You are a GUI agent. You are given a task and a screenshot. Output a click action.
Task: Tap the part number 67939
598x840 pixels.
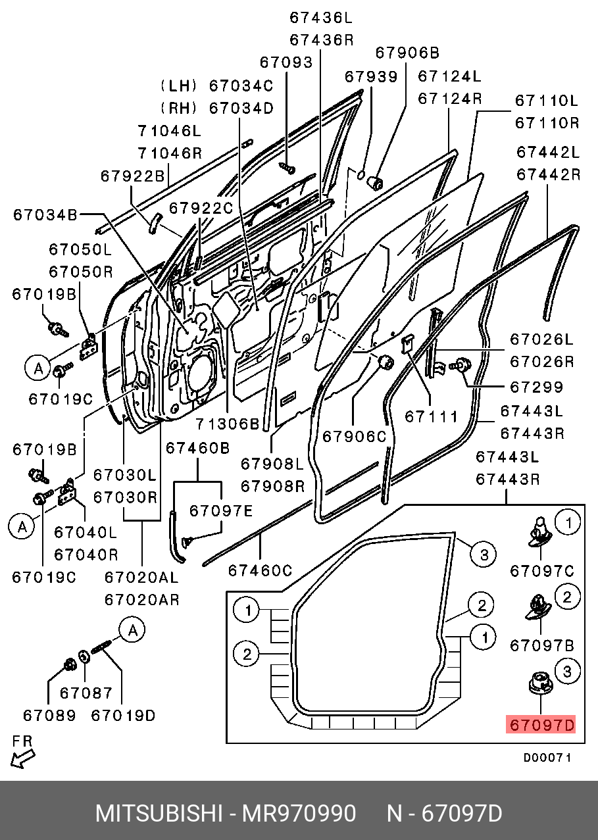pyautogui.click(x=371, y=77)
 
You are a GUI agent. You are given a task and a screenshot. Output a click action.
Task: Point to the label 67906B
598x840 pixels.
pyautogui.click(x=407, y=53)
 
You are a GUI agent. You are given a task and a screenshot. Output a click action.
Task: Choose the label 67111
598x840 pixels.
pyautogui.click(x=431, y=416)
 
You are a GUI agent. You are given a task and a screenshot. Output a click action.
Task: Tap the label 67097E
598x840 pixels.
pyautogui.click(x=221, y=510)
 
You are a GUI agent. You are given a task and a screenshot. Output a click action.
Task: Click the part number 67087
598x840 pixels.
pyautogui.click(x=86, y=693)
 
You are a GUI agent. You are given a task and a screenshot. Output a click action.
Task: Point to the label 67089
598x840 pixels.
pyautogui.click(x=49, y=715)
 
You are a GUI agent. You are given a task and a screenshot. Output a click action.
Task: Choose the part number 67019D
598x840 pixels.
pyautogui.click(x=123, y=715)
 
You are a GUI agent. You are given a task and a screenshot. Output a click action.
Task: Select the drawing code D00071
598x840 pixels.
pyautogui.click(x=547, y=758)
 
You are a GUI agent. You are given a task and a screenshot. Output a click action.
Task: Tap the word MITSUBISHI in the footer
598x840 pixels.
pyautogui.click(x=159, y=814)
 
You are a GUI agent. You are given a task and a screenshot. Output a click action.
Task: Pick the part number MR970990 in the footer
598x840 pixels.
pyautogui.click(x=299, y=814)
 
